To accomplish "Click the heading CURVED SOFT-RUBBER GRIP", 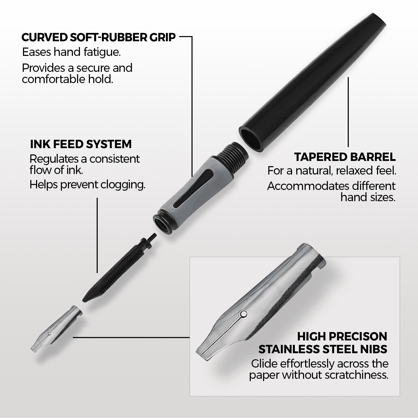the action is pyautogui.click(x=98, y=37).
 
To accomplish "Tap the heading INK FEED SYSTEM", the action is pyautogui.click(x=81, y=144).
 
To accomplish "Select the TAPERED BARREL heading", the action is pyautogui.click(x=345, y=157).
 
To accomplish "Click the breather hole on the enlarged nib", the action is pyautogui.click(x=243, y=313).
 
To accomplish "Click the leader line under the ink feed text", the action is pyautogui.click(x=97, y=235).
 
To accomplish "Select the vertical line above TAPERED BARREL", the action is pyautogui.click(x=348, y=112).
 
